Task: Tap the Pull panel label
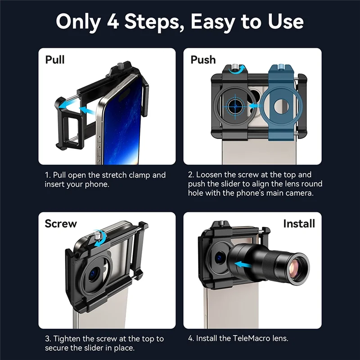[x=55, y=59]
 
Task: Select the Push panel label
[x=203, y=59]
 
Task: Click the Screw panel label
[x=61, y=223]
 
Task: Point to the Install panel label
[x=299, y=223]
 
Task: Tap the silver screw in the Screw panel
[x=97, y=237]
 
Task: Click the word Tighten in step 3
[x=68, y=338]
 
